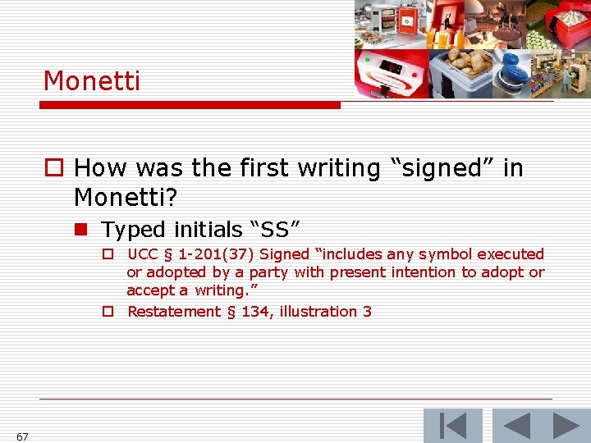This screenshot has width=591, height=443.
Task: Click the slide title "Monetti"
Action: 92,81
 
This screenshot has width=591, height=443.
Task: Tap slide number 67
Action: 22,436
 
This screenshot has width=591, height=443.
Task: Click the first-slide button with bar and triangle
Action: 452,426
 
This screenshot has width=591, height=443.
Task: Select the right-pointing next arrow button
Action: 566,426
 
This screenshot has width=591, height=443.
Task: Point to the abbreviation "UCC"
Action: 144,254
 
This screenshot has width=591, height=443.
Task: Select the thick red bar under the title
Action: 192,105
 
